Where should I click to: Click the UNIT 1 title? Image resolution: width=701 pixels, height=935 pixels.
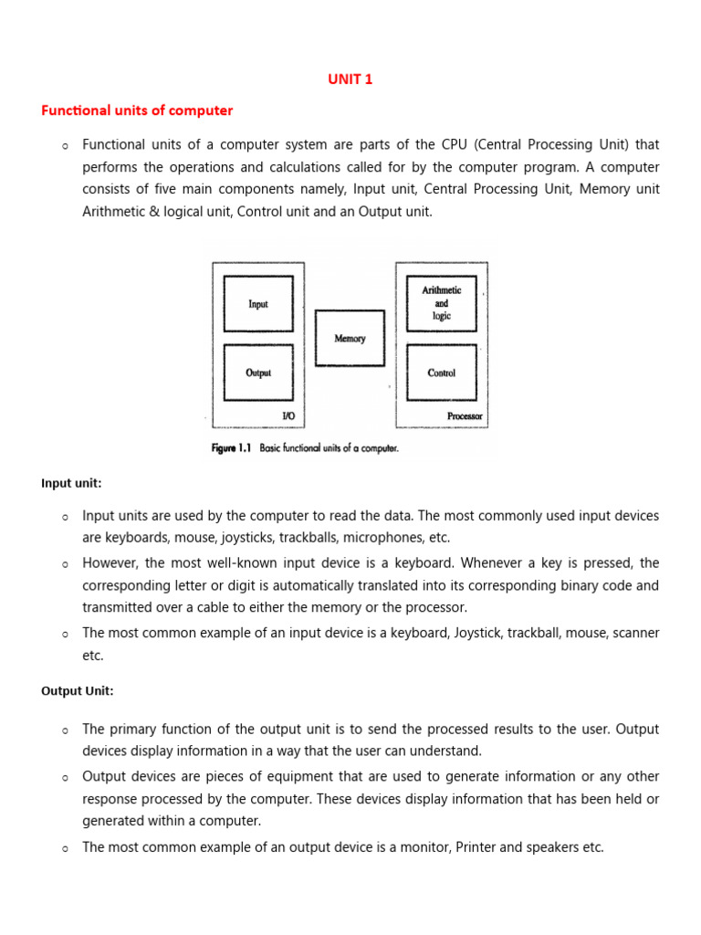[x=350, y=79]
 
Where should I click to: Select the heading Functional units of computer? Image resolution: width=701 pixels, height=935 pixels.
[x=137, y=110]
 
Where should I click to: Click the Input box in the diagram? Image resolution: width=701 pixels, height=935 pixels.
[x=258, y=304]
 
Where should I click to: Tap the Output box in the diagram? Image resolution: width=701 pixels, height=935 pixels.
[x=258, y=373]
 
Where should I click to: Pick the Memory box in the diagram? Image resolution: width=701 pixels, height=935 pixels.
[x=350, y=339]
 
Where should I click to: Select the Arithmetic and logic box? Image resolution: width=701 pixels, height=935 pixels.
[x=441, y=303]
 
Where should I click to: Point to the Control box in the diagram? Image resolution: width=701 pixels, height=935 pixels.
[x=441, y=373]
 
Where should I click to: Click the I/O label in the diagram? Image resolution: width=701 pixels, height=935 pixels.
[x=288, y=416]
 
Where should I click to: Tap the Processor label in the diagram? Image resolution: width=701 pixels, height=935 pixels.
[x=465, y=416]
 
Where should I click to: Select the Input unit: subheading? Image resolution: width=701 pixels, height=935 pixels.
[x=71, y=483]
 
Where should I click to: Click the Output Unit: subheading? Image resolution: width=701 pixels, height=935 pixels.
[x=78, y=691]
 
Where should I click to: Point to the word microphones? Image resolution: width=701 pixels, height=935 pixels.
[x=390, y=538]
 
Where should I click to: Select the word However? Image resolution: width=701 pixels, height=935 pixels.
[x=113, y=562]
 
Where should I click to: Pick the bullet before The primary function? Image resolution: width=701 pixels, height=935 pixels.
[x=65, y=731]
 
